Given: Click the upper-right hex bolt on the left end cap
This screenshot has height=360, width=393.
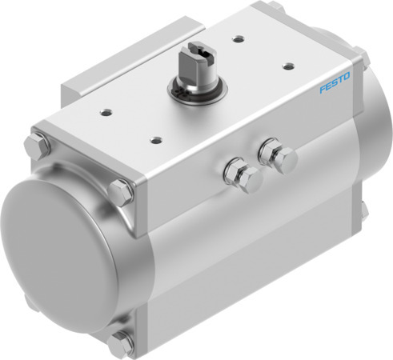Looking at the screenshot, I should pyautogui.click(x=121, y=192).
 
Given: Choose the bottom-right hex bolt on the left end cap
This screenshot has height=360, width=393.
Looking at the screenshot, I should pyautogui.click(x=119, y=343).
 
